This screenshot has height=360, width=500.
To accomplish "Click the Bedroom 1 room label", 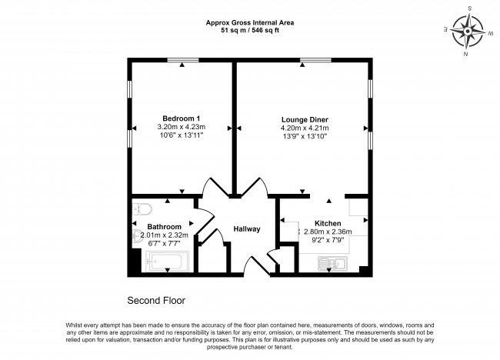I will tap(181, 118).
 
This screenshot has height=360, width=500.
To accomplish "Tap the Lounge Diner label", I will tap(304, 120).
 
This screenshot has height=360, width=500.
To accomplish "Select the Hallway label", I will tap(247, 229).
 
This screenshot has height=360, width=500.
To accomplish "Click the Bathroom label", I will tap(164, 227).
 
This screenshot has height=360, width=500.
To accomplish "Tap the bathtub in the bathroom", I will tap(168, 262).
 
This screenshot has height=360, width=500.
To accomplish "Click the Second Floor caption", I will tap(156, 299).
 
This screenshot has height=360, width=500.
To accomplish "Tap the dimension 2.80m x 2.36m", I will tap(328, 231).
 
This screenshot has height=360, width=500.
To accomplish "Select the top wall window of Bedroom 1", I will tap(182, 60).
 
